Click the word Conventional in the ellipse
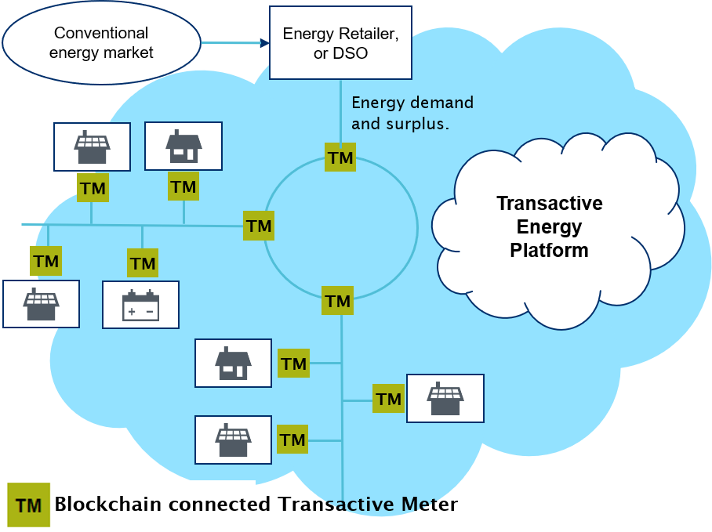point(101,33)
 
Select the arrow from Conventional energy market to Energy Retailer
point(234,43)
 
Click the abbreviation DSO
point(351,54)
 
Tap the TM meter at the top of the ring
point(340,157)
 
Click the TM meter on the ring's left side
point(259,226)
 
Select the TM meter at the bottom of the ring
point(338,301)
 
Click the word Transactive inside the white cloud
point(549,204)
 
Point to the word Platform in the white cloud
point(549,251)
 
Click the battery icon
point(140,305)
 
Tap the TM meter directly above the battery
point(143,263)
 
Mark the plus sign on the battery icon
point(131,312)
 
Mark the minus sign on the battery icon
point(149,312)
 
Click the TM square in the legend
point(28,505)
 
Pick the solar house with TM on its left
point(445,399)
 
